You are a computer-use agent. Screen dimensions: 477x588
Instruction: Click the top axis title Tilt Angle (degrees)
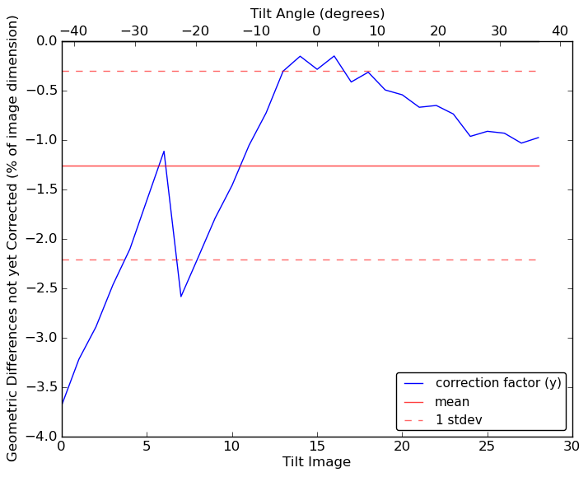point(317,13)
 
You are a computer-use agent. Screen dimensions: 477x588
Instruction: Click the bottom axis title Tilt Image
point(316,462)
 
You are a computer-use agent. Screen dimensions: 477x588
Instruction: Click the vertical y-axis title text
point(13,238)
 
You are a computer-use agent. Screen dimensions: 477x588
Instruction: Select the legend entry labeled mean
point(452,402)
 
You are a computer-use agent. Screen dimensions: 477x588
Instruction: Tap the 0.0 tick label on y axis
point(46,41)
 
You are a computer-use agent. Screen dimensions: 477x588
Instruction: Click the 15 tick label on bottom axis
point(316,447)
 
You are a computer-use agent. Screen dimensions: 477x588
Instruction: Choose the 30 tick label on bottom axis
point(572,447)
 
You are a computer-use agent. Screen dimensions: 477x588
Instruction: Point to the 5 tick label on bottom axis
point(147,447)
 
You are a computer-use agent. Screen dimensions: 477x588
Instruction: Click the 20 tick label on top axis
point(438,30)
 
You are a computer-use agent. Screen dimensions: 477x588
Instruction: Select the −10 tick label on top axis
point(255,30)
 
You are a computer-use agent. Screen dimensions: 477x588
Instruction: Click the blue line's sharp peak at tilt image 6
point(164,151)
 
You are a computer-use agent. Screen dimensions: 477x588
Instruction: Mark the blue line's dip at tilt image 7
point(181,296)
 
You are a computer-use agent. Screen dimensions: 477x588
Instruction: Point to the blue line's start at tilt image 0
point(62,404)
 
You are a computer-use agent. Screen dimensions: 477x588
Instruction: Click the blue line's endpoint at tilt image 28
point(539,138)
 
